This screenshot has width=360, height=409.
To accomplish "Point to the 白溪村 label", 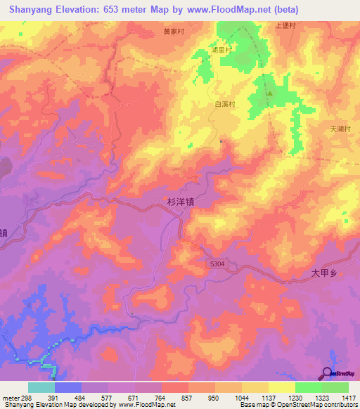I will (223, 103).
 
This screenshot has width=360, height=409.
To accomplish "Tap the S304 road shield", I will (218, 264).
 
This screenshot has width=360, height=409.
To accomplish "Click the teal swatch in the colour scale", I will (41, 387).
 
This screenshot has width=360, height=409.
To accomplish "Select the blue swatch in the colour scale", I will (68, 387).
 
